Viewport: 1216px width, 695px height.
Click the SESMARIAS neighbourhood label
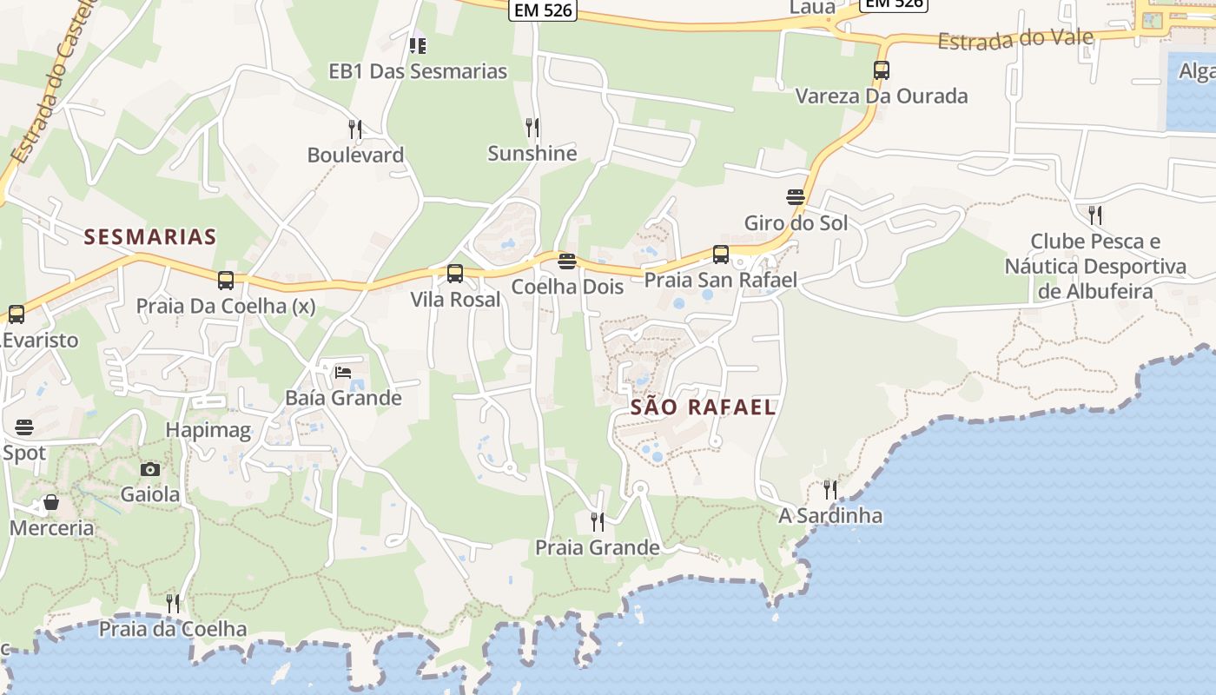click(150, 236)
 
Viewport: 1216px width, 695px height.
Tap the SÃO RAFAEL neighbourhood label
click(704, 407)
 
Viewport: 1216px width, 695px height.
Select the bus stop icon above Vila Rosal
click(455, 274)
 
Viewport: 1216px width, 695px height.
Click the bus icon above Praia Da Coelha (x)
click(226, 281)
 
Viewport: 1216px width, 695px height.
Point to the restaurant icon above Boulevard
click(355, 129)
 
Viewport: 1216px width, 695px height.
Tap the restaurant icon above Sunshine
click(532, 128)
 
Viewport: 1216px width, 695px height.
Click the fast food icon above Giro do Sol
click(795, 197)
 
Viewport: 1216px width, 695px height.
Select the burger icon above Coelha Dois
click(567, 261)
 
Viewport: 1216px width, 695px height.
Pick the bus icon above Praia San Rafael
click(721, 255)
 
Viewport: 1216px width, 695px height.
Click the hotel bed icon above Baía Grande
click(343, 373)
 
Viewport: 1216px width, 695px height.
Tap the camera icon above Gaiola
click(150, 469)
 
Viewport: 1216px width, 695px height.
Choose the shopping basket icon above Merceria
click(51, 502)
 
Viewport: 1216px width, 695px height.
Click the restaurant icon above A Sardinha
click(830, 490)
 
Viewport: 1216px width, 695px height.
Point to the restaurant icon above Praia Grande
click(598, 521)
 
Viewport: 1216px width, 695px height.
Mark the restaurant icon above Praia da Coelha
click(173, 603)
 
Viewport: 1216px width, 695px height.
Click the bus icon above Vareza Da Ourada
click(882, 70)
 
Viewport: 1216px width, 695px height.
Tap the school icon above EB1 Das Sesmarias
click(418, 45)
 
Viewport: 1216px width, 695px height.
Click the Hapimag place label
click(208, 429)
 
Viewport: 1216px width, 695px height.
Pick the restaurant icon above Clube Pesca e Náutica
click(1095, 215)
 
